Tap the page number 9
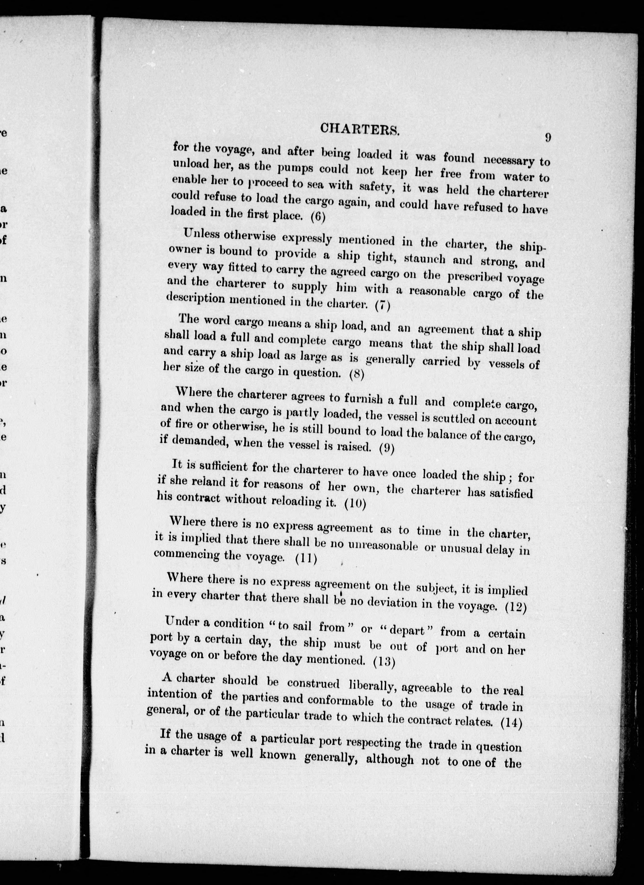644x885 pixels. pyautogui.click(x=548, y=138)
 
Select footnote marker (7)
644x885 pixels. pyautogui.click(x=382, y=306)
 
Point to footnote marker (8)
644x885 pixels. pyautogui.click(x=356, y=375)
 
